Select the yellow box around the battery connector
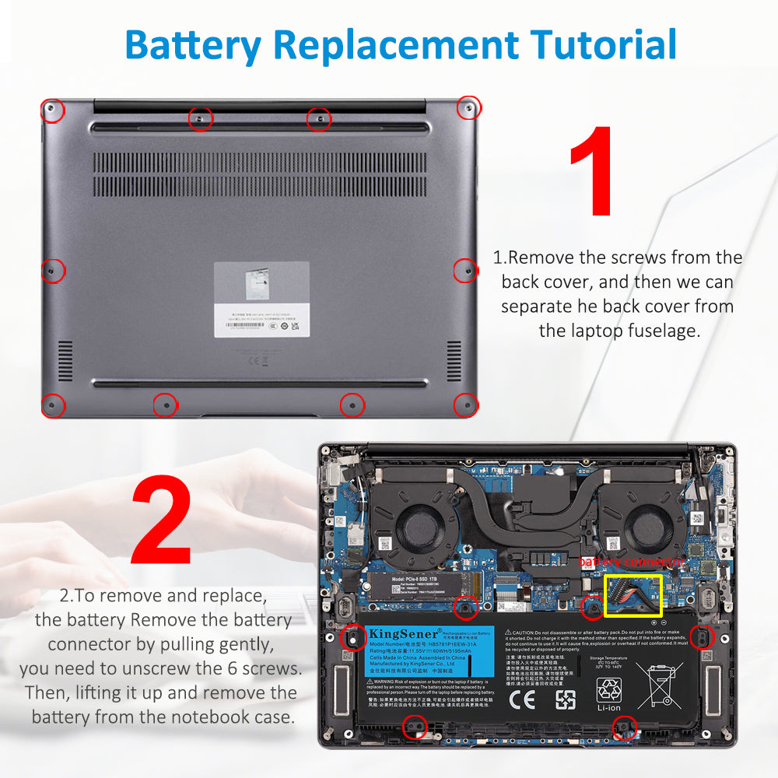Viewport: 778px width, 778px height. pos(632,595)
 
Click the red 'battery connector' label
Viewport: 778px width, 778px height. pos(631,562)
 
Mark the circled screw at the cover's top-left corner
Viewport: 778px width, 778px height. pos(52,110)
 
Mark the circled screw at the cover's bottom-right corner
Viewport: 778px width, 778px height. pos(465,404)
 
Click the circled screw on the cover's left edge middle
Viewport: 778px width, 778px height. pos(52,270)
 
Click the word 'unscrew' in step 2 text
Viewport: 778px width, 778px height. pos(198,668)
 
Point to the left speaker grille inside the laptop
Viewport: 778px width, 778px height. pos(347,687)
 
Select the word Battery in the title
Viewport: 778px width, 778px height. pos(193,45)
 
